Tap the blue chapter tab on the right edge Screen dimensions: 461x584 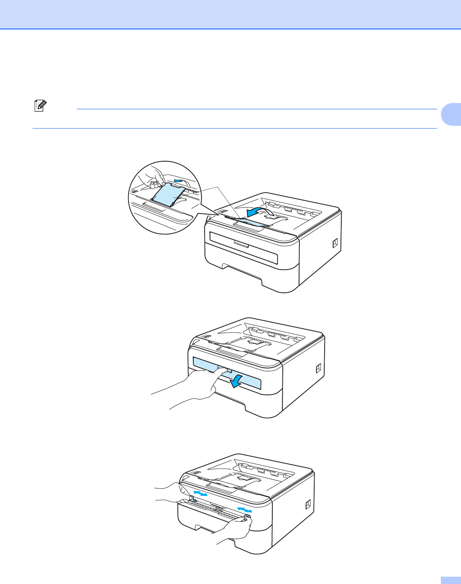point(451,114)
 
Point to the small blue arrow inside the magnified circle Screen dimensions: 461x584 point(178,181)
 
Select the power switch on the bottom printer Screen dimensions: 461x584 point(308,505)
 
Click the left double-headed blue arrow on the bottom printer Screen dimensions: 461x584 point(200,494)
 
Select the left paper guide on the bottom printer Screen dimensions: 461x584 point(191,499)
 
